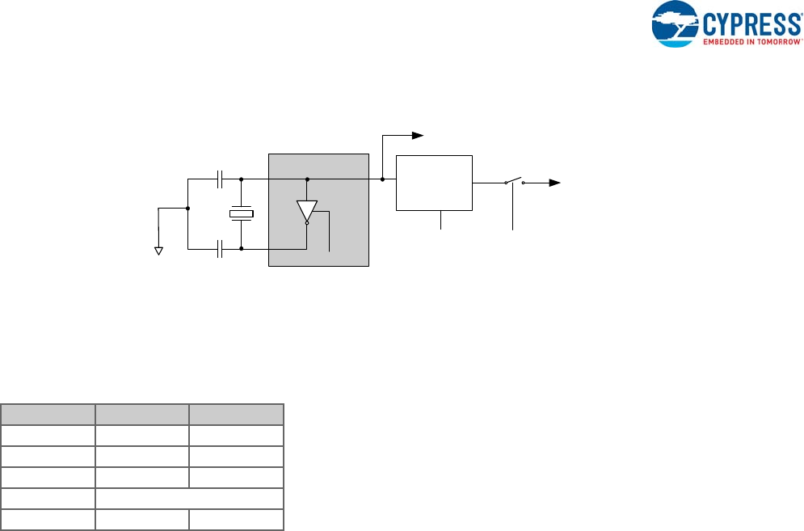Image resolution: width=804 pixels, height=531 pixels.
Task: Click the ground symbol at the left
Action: [159, 251]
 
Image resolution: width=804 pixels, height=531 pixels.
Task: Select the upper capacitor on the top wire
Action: [220, 178]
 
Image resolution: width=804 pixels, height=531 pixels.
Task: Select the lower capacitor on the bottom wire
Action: [220, 250]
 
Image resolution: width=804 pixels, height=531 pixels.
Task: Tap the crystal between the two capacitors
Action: [242, 214]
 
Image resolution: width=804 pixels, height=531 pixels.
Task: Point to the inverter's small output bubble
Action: [307, 225]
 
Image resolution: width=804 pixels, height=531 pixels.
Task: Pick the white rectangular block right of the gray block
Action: [434, 183]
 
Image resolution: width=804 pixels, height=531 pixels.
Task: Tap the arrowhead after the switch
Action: [554, 183]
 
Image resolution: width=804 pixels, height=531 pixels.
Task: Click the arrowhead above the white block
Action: [418, 134]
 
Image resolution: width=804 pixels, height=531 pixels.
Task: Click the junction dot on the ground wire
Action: [187, 208]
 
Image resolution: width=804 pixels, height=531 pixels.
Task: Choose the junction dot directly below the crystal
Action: [242, 250]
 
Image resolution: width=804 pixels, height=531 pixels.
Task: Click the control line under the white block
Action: [440, 221]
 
